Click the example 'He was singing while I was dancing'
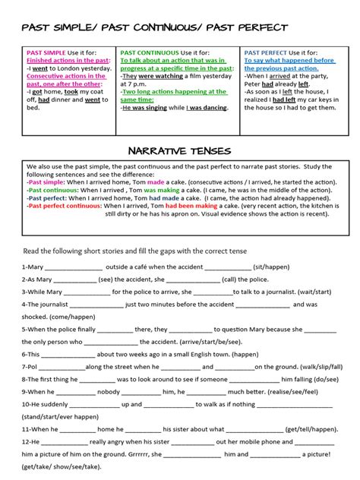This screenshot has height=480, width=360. [x=175, y=108]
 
